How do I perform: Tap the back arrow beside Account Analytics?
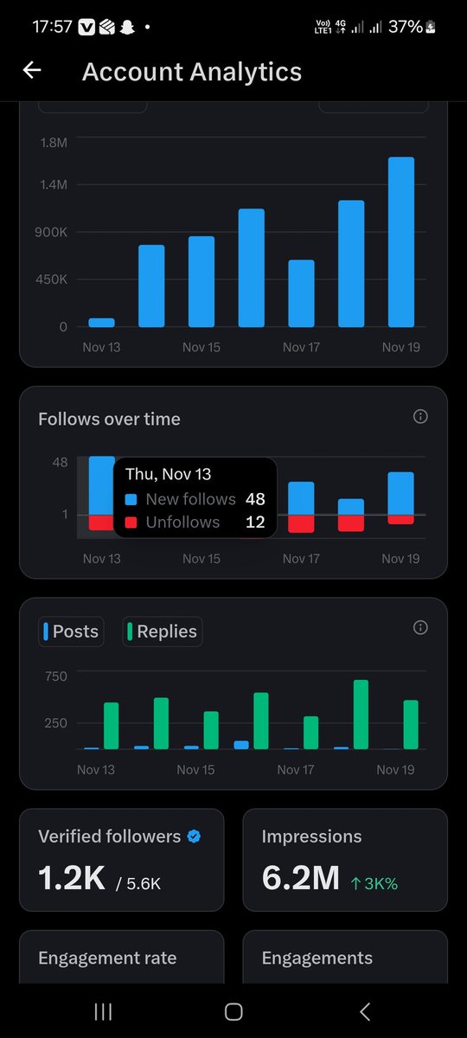point(32,71)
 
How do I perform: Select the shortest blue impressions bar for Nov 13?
point(101,323)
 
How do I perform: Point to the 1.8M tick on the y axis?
point(53,142)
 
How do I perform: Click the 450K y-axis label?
point(51,279)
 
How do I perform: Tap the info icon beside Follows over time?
point(420,417)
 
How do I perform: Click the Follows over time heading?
point(109,419)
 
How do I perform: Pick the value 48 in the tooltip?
point(254,499)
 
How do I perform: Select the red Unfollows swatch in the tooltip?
point(131,522)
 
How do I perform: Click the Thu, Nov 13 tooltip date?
point(168,474)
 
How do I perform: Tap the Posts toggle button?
point(70,631)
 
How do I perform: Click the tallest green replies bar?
point(361,714)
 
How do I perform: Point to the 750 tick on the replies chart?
point(55,676)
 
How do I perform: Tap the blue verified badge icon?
point(194,836)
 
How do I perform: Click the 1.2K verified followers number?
point(72,879)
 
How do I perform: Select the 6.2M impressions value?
point(300,879)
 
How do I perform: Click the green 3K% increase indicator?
point(374,883)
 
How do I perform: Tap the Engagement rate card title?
point(107,958)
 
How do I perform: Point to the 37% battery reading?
point(405,27)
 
